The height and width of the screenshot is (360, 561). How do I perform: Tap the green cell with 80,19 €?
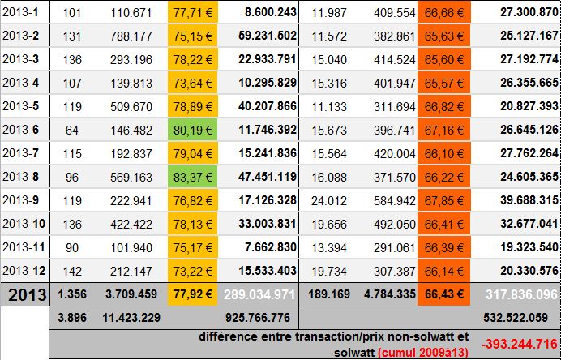pos(195,129)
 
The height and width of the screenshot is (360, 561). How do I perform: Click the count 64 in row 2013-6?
pos(71,129)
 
